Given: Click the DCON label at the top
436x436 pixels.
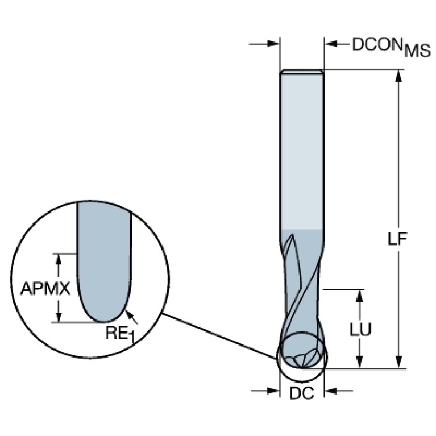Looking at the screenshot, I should [x=376, y=44].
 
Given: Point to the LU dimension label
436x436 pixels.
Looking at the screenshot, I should [x=359, y=329].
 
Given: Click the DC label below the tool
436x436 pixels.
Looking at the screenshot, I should [x=302, y=393].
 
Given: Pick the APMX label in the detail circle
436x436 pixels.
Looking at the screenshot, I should [x=45, y=289].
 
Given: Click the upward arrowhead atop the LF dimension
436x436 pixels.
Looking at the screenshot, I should [x=400, y=76].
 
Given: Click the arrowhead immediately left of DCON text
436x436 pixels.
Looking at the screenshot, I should [x=331, y=43].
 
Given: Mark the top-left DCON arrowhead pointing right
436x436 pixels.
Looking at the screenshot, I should [x=273, y=43].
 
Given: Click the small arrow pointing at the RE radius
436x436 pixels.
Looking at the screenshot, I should [x=130, y=310].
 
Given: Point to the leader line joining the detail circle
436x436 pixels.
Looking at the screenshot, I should [x=219, y=336].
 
